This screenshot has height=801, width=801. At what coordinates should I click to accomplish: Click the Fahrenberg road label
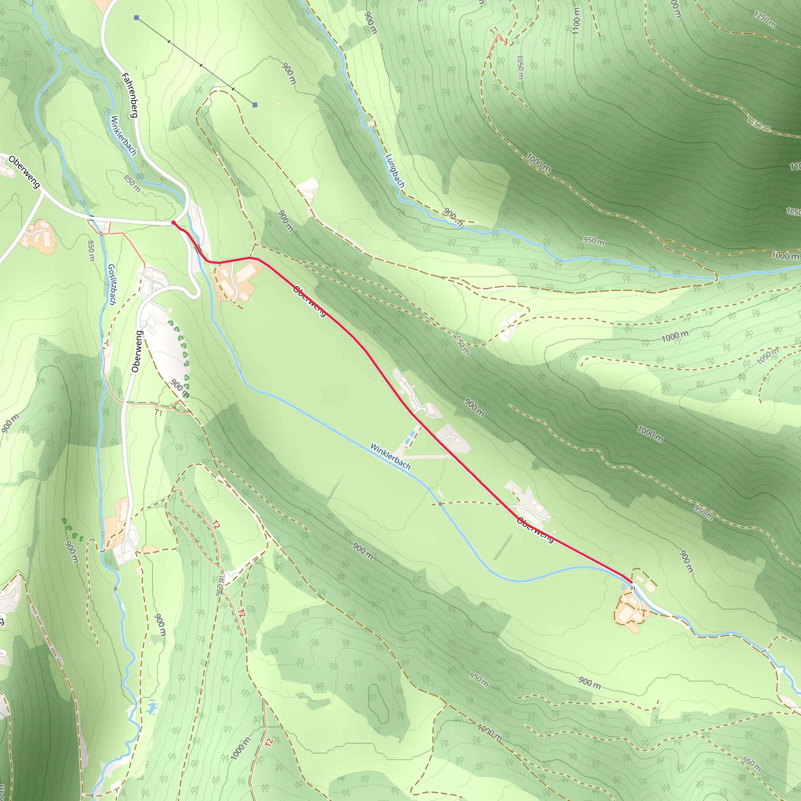click(129, 95)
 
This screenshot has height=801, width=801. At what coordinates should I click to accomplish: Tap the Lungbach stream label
click(395, 171)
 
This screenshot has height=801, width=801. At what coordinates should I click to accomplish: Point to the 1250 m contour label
click(765, 20)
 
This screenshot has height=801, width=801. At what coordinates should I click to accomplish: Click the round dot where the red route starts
click(173, 223)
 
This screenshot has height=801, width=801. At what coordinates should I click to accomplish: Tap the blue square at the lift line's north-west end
click(136, 18)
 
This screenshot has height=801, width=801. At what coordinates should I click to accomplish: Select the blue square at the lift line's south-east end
click(255, 105)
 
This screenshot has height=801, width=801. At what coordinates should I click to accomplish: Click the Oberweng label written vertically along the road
click(136, 351)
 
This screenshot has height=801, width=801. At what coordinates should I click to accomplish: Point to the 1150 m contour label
click(759, 124)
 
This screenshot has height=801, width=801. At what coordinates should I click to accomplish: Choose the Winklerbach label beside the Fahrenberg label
click(124, 136)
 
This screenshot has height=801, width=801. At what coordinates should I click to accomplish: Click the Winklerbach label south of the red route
click(390, 456)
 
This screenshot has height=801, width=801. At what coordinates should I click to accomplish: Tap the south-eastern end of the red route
click(632, 582)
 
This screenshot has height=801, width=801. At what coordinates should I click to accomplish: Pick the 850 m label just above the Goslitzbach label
click(91, 251)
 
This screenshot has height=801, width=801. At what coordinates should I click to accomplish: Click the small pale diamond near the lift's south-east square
click(278, 104)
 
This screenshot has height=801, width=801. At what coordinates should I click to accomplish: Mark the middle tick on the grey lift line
click(201, 65)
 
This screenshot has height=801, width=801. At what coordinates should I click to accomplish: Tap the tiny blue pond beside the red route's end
click(625, 587)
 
